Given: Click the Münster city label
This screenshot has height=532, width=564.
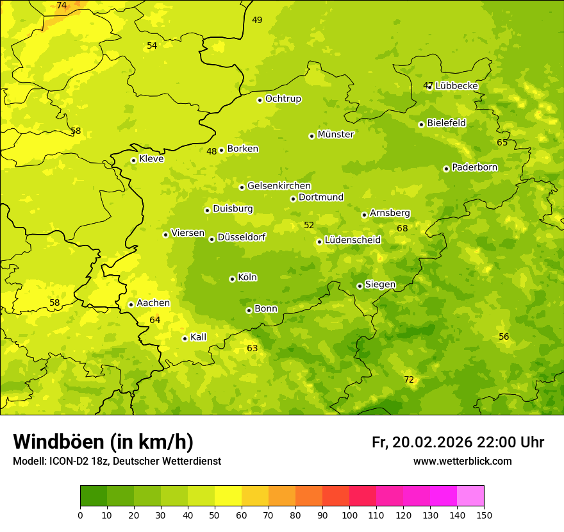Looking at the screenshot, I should tap(335, 135).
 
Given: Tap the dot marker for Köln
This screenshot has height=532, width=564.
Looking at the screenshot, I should tap(232, 279).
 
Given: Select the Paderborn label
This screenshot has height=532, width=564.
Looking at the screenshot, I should tap(474, 167).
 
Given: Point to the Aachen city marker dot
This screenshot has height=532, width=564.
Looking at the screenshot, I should tap(131, 304).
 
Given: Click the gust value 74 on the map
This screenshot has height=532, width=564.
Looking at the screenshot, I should tap(62, 6).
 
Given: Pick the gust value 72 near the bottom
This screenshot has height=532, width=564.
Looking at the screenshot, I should tap(409, 380).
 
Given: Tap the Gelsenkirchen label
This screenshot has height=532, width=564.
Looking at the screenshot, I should tap(279, 186).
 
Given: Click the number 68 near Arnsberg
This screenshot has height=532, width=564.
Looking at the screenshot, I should tap(402, 229).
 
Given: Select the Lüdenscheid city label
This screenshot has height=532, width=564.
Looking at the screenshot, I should tap(352, 240).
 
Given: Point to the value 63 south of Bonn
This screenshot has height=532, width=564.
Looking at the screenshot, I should tap(253, 349).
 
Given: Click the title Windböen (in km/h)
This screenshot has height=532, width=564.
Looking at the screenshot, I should tap(103, 442).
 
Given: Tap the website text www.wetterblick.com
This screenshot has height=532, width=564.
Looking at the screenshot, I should tap(462, 461).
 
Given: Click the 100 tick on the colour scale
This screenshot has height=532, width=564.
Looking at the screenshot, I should tap(349, 515).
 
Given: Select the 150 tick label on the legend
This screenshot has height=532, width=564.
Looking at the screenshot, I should tap(484, 515).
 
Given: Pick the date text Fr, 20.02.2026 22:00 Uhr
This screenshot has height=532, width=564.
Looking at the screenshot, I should tap(458, 442).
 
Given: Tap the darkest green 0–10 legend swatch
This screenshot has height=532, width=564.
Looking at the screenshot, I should tap(94, 496).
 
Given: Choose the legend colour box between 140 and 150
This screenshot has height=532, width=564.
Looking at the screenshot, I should tap(470, 496).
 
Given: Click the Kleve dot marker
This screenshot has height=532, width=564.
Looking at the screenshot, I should tap(133, 161).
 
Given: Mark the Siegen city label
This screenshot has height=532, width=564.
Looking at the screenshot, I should tap(380, 285).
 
